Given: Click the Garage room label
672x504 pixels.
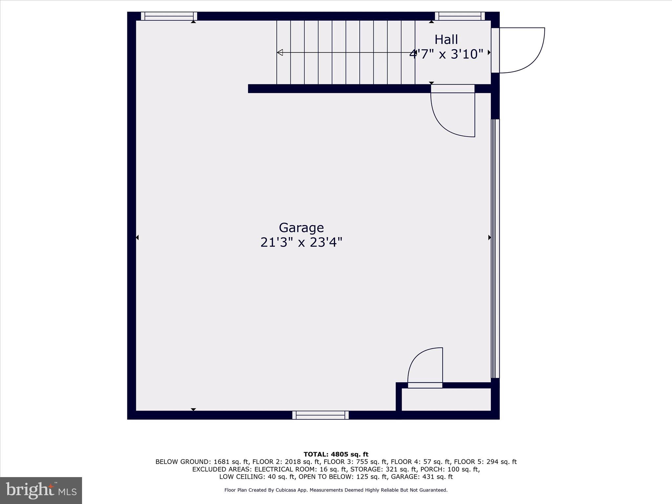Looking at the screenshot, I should [x=301, y=228].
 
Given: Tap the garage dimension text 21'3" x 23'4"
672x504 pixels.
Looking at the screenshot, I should [x=301, y=243].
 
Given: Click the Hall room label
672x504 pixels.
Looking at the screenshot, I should [x=446, y=40].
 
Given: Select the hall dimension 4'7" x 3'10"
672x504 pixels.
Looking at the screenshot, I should [x=446, y=54].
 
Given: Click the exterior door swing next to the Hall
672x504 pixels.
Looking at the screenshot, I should [x=522, y=50].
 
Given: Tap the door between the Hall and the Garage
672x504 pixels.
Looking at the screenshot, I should [x=453, y=112].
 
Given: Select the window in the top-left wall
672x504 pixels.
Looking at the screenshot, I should [x=169, y=16].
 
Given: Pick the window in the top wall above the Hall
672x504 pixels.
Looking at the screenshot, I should [x=460, y=16].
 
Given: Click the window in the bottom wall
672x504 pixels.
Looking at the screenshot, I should [x=320, y=415].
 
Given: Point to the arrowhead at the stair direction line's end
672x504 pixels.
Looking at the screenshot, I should [x=280, y=52].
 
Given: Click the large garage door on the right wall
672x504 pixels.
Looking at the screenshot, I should [x=495, y=248].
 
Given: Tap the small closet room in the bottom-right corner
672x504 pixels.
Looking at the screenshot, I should [x=446, y=399].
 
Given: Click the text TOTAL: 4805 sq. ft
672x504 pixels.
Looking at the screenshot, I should [x=336, y=454].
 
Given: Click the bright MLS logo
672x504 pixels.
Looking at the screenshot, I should [x=41, y=490].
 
